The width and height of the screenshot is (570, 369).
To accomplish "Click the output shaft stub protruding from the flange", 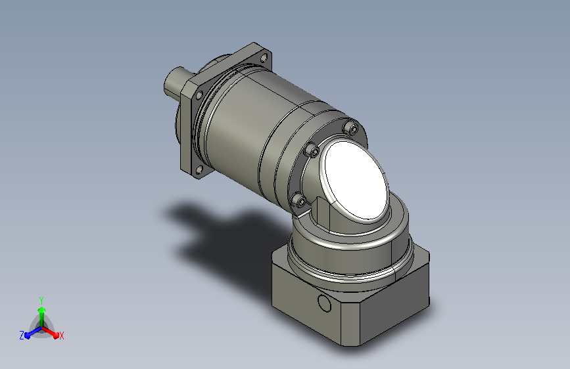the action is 176,83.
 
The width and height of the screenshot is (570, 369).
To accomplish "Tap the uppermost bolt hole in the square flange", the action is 264,57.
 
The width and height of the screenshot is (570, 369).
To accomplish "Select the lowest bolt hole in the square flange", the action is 199,169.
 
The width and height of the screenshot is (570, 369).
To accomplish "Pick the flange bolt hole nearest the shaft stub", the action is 199,95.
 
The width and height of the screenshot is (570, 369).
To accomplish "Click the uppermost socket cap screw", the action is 352,127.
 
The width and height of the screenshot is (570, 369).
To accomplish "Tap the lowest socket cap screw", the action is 300,200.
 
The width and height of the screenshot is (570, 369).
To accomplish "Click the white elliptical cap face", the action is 356,181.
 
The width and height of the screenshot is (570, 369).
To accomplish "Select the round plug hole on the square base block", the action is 324,303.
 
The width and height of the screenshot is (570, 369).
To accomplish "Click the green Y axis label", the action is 41,300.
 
